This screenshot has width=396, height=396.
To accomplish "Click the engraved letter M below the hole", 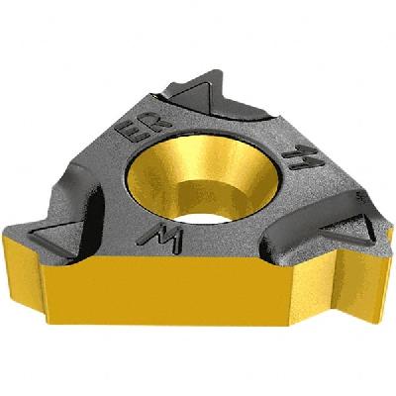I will [x=155, y=235].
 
